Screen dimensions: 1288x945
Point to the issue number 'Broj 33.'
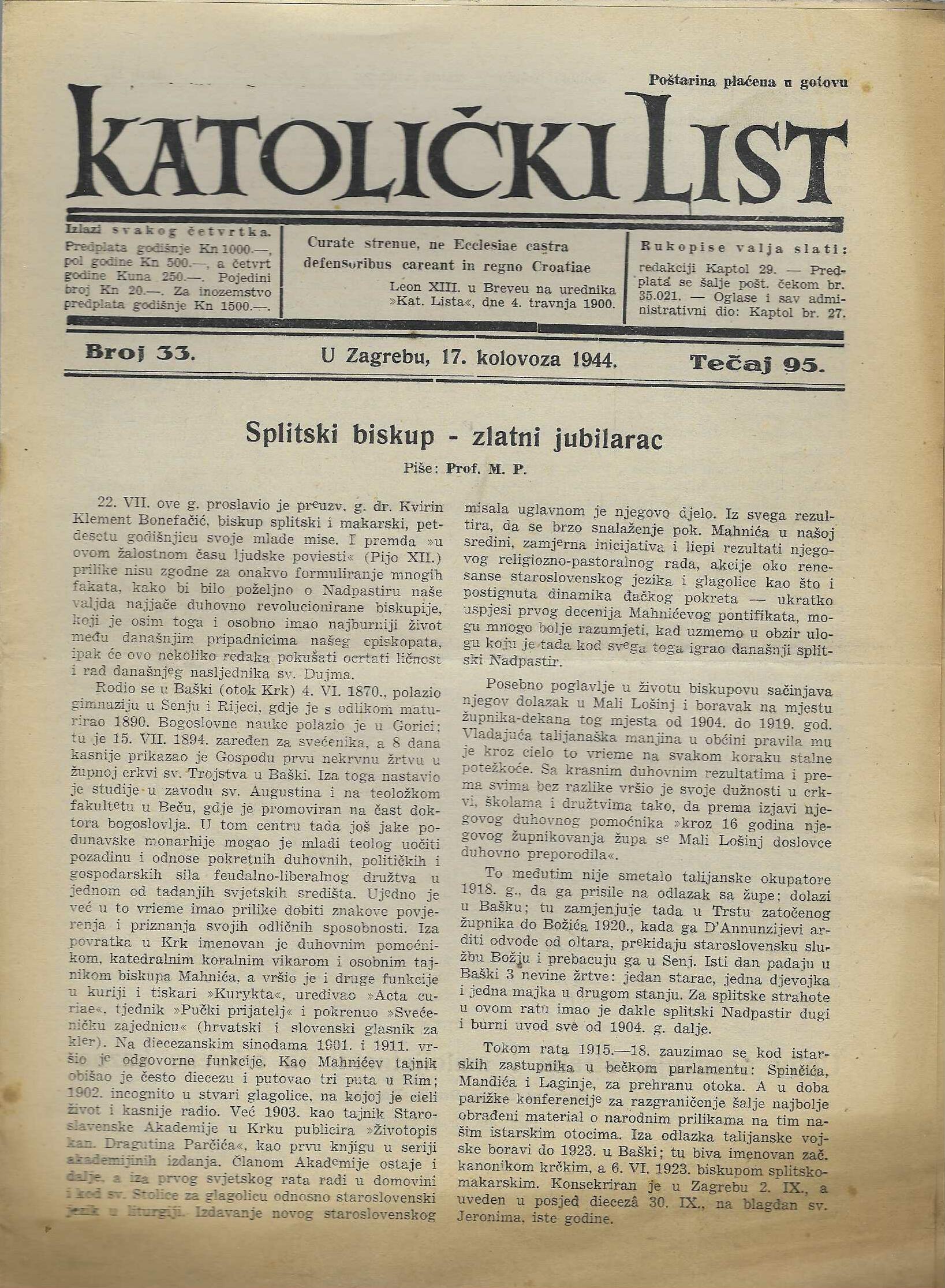tap(140, 353)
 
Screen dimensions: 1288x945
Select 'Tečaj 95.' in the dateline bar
tap(757, 363)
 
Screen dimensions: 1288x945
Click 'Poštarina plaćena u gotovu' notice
tap(748, 81)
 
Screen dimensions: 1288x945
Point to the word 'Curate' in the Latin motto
tap(327, 244)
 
